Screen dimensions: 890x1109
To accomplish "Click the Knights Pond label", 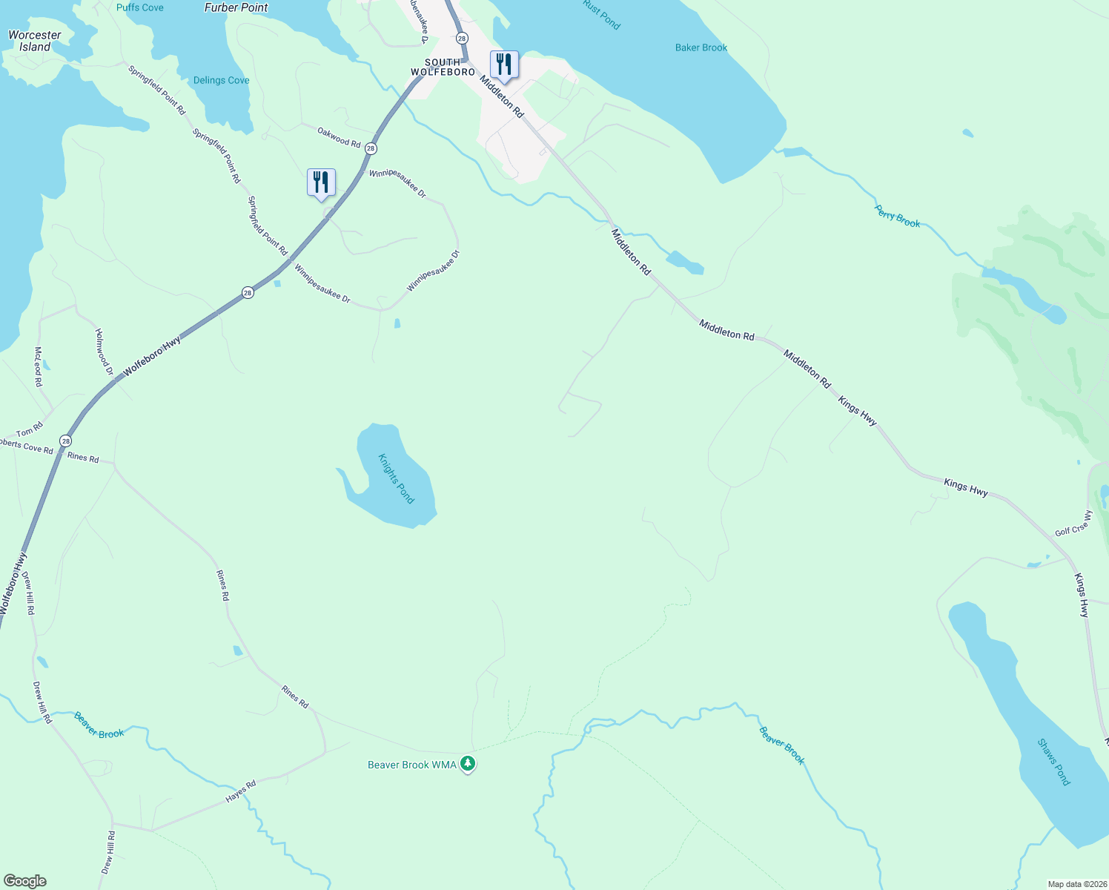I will click(396, 478).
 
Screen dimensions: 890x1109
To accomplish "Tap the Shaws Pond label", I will click(1053, 762).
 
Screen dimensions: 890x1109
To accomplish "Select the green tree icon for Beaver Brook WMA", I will click(468, 763).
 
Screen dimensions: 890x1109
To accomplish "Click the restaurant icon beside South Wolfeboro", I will click(504, 64).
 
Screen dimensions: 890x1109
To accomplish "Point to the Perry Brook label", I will click(897, 217).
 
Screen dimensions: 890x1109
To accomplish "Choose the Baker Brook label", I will click(701, 47).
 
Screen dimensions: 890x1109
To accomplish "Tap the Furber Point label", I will click(236, 7).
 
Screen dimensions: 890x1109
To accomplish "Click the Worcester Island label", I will click(35, 41).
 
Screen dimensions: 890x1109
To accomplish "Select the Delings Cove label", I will click(221, 80).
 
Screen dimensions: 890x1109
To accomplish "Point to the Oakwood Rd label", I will click(339, 136).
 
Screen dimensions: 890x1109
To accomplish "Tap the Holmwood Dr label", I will click(105, 351).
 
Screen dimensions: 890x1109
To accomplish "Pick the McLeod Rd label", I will click(38, 366).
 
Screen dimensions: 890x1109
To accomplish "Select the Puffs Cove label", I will click(140, 7).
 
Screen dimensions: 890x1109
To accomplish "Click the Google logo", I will click(25, 881).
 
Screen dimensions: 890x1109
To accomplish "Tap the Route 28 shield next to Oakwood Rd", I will click(371, 149).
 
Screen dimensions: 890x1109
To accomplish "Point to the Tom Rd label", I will click(30, 430).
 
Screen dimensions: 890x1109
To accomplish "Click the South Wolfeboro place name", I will click(443, 67).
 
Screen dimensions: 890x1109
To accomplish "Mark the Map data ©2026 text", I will click(1076, 884).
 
